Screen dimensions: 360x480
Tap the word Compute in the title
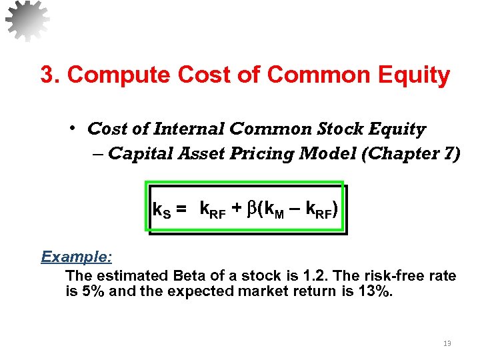(x=111, y=75)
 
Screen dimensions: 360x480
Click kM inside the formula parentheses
(x=275, y=211)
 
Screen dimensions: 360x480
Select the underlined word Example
(x=76, y=257)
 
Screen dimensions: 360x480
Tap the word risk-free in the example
(x=371, y=276)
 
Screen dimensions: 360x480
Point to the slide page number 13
(x=447, y=343)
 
